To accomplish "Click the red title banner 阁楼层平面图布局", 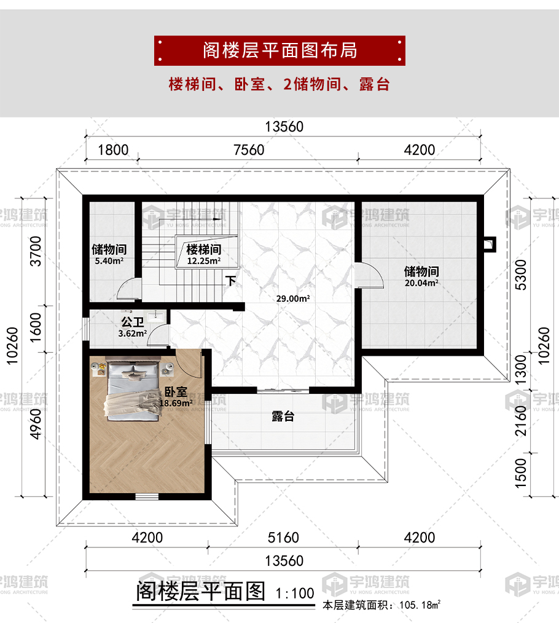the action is [x=279, y=50].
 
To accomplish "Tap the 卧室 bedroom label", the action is [x=176, y=392].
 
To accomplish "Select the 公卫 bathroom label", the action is [x=133, y=322].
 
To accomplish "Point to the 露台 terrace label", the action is [x=283, y=417].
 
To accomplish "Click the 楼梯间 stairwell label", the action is [x=204, y=249].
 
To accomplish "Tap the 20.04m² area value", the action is [x=421, y=283].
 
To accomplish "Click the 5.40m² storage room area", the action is [x=109, y=261].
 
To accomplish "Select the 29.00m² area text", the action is [x=293, y=299].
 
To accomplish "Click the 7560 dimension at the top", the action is [x=249, y=150].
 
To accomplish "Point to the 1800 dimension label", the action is [x=113, y=150].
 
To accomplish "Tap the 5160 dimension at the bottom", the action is [x=283, y=538].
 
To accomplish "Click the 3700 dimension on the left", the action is [x=36, y=251].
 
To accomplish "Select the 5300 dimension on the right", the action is [x=520, y=275].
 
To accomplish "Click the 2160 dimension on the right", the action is [x=520, y=421].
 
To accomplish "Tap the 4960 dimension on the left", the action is [x=36, y=425].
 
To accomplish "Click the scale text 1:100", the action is [x=295, y=593].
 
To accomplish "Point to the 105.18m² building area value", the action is [x=420, y=605].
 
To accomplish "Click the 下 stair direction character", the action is [x=231, y=281].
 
